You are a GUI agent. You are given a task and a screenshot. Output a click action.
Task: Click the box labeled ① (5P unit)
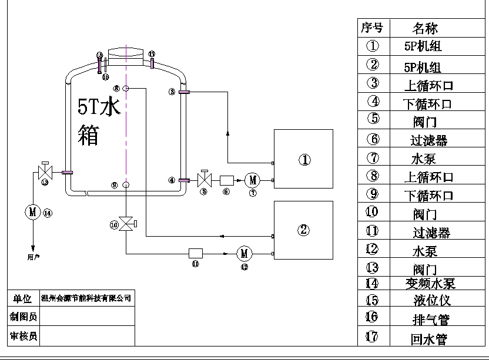(x=303, y=159)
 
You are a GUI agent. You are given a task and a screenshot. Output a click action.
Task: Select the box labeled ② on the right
(x=303, y=230)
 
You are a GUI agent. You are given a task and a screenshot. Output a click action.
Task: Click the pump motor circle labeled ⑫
(x=244, y=254)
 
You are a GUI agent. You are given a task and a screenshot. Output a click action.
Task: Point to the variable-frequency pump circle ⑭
(x=32, y=212)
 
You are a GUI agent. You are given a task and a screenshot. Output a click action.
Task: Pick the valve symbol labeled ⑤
(x=204, y=179)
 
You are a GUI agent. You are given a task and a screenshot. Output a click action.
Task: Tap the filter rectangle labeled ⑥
(x=227, y=180)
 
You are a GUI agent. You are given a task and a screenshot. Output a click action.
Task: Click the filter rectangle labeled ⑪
(x=195, y=253)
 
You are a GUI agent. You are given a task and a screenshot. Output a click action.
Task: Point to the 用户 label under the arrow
(x=34, y=257)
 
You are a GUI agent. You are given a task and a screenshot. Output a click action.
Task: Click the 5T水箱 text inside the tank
(x=99, y=120)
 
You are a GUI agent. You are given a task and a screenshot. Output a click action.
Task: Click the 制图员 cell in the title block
(x=24, y=317)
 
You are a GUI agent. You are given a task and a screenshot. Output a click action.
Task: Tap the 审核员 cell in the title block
(x=24, y=336)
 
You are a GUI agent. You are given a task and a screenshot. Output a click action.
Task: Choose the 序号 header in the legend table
(x=371, y=28)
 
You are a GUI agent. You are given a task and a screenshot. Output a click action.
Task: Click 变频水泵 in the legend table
(x=431, y=284)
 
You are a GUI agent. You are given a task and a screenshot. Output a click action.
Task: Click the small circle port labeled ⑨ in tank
(x=126, y=186)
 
